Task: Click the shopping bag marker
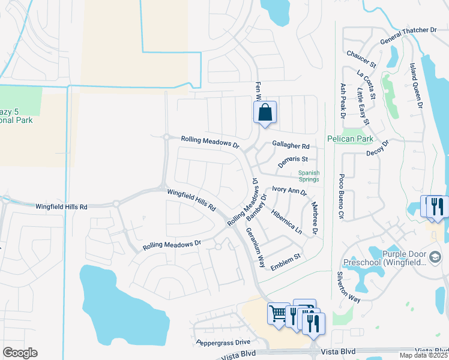point(265,112)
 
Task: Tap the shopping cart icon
point(279,313)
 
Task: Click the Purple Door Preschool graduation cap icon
point(436,257)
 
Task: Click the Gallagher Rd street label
point(291,146)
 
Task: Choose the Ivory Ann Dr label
point(289,191)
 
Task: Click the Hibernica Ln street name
point(286,220)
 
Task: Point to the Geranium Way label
point(255,247)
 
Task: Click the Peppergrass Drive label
point(223,342)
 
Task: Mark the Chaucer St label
point(361,58)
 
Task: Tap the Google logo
point(20,353)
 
